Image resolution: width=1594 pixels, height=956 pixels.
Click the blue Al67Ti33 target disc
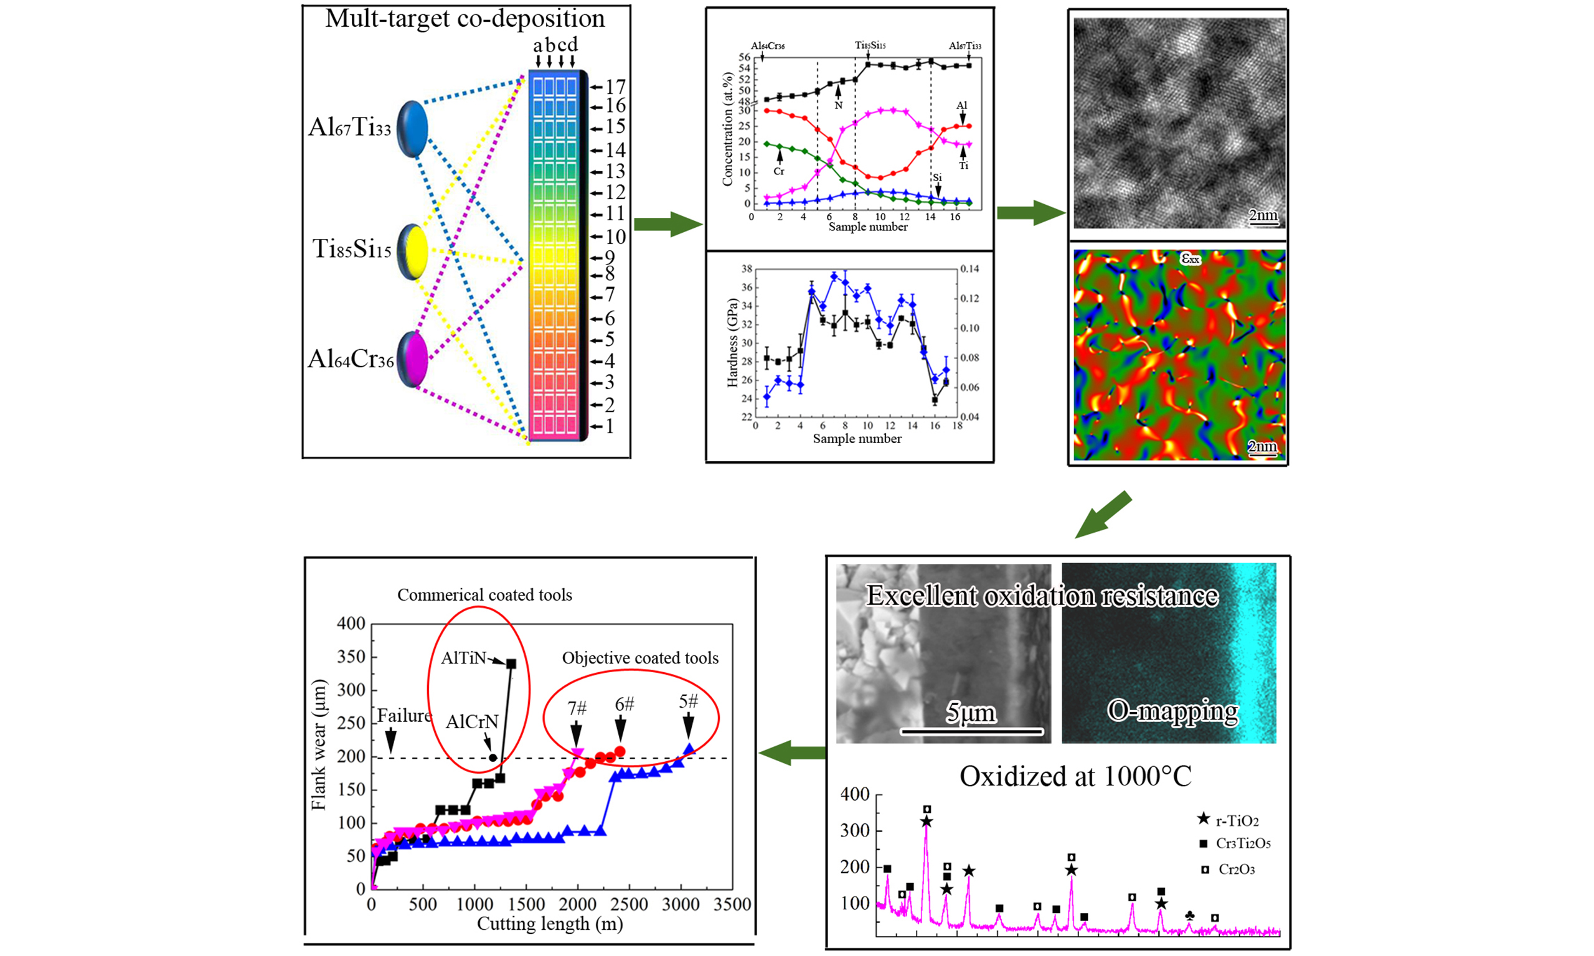[x=412, y=129]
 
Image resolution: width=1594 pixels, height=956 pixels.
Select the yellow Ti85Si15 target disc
[x=412, y=252]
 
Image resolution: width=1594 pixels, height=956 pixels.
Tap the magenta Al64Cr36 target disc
[x=412, y=359]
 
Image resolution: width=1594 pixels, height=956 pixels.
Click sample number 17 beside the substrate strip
[x=615, y=87]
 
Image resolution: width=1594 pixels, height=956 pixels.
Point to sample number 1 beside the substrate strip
[x=610, y=426]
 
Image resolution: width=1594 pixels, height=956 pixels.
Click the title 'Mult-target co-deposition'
[x=465, y=19]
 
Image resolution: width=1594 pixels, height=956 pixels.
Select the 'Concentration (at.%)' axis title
[x=728, y=129]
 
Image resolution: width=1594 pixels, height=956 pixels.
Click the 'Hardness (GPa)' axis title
[x=732, y=342]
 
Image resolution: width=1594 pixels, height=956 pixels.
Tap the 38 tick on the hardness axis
[x=747, y=269]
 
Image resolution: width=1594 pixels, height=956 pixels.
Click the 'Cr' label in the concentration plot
[x=779, y=171]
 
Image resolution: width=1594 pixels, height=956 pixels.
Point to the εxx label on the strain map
[x=1190, y=258]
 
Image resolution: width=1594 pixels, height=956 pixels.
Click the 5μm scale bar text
[x=970, y=713]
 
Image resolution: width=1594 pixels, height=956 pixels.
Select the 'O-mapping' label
[x=1172, y=711]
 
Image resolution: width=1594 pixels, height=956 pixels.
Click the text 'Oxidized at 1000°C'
[x=1075, y=776]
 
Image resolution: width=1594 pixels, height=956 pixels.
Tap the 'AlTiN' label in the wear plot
[x=463, y=658]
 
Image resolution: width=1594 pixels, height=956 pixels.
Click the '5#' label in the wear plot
[x=688, y=701]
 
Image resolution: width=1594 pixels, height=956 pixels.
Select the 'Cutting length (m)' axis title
[x=550, y=924]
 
